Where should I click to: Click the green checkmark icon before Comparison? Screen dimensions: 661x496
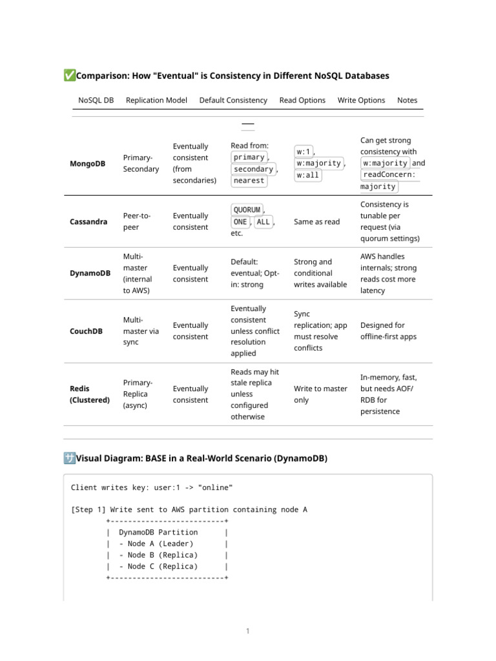click(x=70, y=76)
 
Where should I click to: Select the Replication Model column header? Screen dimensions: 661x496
click(x=156, y=100)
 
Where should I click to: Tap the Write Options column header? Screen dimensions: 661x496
click(x=361, y=100)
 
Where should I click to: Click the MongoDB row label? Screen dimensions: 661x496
click(x=87, y=163)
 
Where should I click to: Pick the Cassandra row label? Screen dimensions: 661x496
click(x=88, y=221)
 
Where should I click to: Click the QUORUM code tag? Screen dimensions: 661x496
click(x=247, y=210)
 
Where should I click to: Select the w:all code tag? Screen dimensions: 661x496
click(x=307, y=175)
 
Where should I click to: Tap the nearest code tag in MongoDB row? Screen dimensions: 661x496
click(x=249, y=181)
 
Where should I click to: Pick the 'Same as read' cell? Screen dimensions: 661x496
click(x=316, y=221)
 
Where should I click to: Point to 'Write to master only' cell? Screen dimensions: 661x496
click(x=320, y=394)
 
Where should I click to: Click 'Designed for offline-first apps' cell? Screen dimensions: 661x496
click(x=388, y=331)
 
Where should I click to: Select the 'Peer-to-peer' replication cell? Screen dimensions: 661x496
click(x=136, y=221)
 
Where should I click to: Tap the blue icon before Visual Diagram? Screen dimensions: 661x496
click(x=70, y=458)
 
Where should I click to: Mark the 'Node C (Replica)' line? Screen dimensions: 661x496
click(x=157, y=566)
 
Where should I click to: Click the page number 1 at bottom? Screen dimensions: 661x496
click(x=247, y=631)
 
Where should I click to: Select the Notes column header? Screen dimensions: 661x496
click(x=407, y=100)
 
